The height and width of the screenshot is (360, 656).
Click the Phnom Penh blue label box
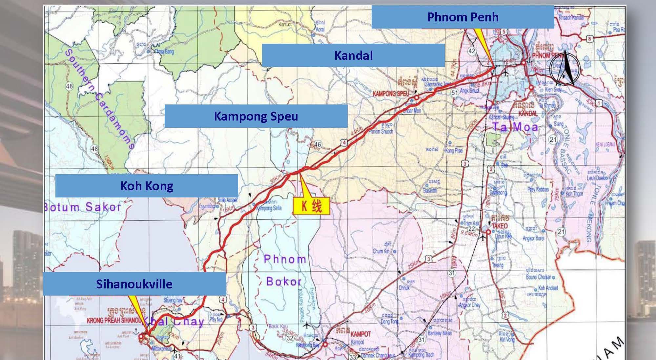coord(462,17)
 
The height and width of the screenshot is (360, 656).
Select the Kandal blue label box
coord(353,55)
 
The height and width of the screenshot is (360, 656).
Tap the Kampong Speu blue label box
coord(256,116)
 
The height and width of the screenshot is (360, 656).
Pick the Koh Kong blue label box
coord(147,186)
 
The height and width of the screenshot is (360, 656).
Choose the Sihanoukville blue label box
coord(134,284)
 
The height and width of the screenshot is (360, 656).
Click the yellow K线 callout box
coord(311,206)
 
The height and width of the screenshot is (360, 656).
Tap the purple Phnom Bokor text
coord(285,270)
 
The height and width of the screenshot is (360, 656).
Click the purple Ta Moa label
coord(515,127)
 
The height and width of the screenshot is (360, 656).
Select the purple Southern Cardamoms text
coord(98,98)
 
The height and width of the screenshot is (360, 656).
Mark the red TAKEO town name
coord(500,226)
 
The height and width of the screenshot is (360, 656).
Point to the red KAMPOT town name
coord(360,334)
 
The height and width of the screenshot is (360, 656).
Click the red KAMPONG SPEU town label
coord(391,94)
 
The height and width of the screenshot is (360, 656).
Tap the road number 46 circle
coord(318,144)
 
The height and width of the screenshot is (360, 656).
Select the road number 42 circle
coord(471,51)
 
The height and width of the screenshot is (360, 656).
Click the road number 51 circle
coord(454,93)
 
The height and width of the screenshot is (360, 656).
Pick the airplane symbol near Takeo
coord(482,237)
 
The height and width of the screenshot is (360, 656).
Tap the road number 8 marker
coord(590,39)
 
